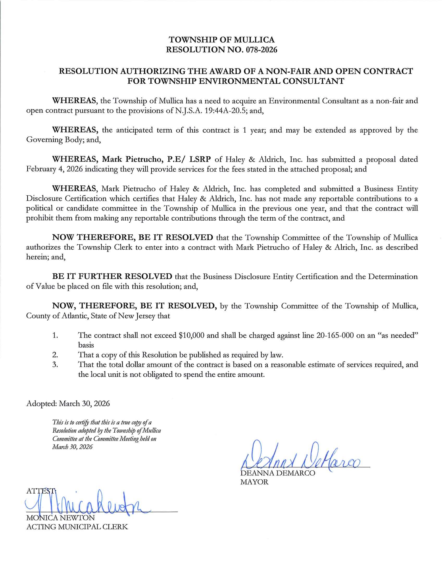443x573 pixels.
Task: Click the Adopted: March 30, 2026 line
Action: coord(68,403)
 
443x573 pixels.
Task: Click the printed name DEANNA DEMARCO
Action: coord(278,474)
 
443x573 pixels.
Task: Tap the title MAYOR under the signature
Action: coord(254,482)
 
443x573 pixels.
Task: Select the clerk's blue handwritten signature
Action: coord(87,504)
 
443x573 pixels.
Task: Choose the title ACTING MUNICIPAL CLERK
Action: coord(77,527)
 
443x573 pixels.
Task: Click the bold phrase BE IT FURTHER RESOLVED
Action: coord(112,276)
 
